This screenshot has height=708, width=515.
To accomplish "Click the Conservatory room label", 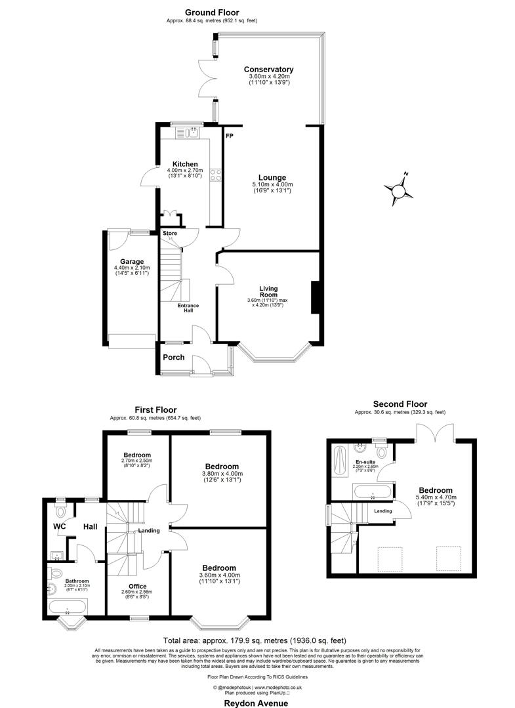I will click(x=268, y=70).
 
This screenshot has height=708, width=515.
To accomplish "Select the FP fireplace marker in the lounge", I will click(x=230, y=136).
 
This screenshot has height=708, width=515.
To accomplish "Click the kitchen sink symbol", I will click(x=194, y=134).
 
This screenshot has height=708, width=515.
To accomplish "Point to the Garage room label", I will click(x=131, y=261).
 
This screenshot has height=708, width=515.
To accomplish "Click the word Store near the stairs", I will click(x=170, y=233).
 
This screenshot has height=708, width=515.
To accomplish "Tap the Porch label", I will click(x=174, y=358).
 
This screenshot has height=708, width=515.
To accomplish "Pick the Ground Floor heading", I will click(x=211, y=12).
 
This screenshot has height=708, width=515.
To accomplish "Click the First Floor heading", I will click(x=155, y=409).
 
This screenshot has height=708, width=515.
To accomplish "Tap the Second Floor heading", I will click(x=400, y=404).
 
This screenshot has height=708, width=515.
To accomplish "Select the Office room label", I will click(x=138, y=586).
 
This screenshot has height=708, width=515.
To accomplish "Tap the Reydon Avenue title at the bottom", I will click(x=257, y=703).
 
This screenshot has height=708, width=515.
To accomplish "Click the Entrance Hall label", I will click(x=188, y=308).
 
